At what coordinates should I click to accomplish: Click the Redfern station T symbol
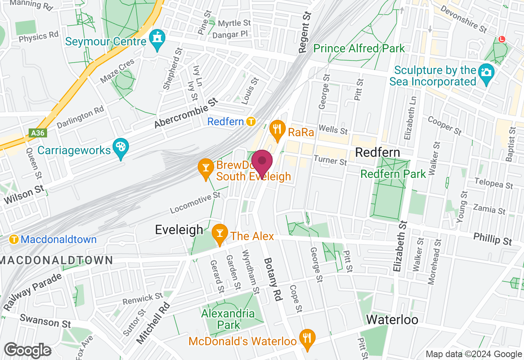tap(251, 122)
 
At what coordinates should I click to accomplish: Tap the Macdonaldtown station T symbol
tap(14, 239)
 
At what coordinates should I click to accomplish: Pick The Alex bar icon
tap(220, 234)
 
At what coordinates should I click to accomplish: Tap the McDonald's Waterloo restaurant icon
tap(307, 339)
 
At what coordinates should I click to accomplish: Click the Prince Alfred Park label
tap(359, 48)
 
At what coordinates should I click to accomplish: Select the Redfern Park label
tap(393, 174)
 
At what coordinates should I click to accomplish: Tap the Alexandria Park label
tap(228, 319)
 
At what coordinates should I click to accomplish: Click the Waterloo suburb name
tap(392, 319)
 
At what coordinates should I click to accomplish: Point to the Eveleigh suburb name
tap(179, 230)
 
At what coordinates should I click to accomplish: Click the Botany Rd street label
tap(273, 280)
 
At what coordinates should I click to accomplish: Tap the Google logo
tap(27, 350)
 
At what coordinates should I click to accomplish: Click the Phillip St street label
tap(492, 239)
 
